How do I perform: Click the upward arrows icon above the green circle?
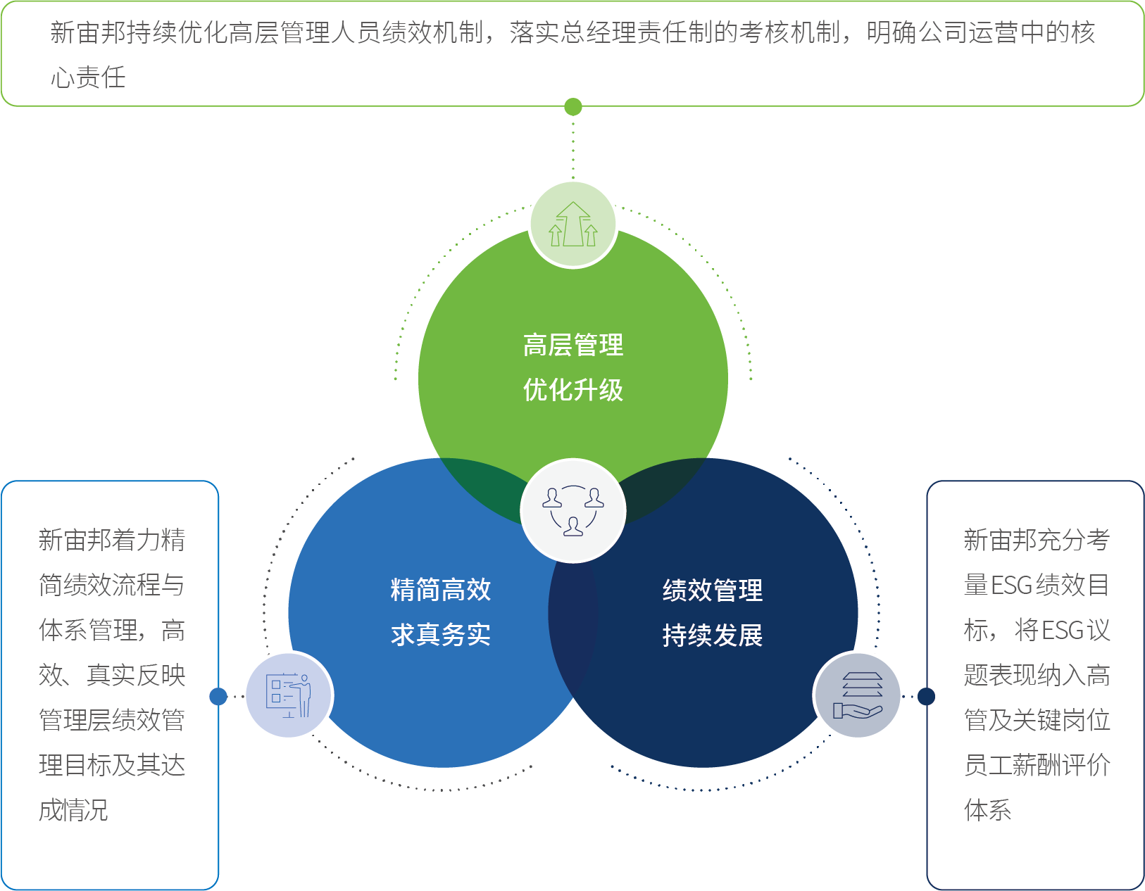pyautogui.click(x=573, y=225)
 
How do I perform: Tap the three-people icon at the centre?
pyautogui.click(x=573, y=511)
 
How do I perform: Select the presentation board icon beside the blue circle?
pyautogui.click(x=289, y=695)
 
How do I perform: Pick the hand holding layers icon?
pyautogui.click(x=857, y=695)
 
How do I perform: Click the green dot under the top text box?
pyautogui.click(x=573, y=107)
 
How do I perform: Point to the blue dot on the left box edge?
pyautogui.click(x=218, y=696)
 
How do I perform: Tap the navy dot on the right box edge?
pyautogui.click(x=927, y=696)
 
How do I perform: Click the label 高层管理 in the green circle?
pyautogui.click(x=573, y=346)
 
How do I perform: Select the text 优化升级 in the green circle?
pyautogui.click(x=573, y=390)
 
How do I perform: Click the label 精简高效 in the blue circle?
pyautogui.click(x=441, y=590)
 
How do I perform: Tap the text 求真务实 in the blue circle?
pyautogui.click(x=441, y=635)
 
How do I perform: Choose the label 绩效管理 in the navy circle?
pyautogui.click(x=713, y=590)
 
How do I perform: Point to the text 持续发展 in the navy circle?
pyautogui.click(x=713, y=635)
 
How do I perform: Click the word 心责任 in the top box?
pyautogui.click(x=88, y=77)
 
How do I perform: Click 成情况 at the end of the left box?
pyautogui.click(x=73, y=810)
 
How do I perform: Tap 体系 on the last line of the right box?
pyautogui.click(x=987, y=810)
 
